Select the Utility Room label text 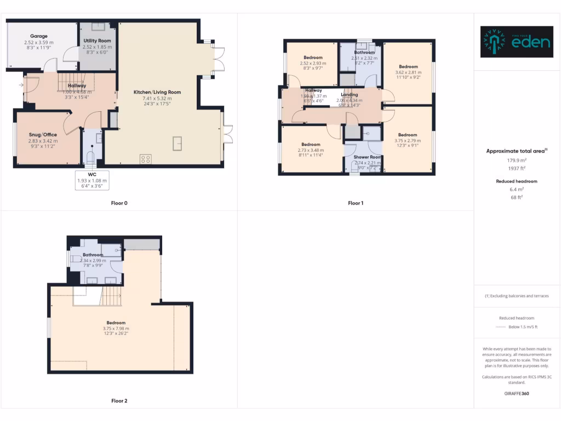[x=97, y=41]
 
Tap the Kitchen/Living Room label [x=157, y=92]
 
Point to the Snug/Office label [x=43, y=134]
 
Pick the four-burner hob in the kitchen [x=146, y=159]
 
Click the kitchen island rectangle [x=178, y=143]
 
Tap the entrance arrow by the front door [x=20, y=85]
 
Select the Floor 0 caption [x=119, y=203]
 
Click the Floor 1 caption [x=356, y=203]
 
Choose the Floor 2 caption [x=119, y=401]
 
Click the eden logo [x=517, y=42]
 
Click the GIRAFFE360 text [x=517, y=393]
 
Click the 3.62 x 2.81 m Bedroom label [x=408, y=67]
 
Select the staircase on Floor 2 [x=111, y=297]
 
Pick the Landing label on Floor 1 [x=350, y=95]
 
